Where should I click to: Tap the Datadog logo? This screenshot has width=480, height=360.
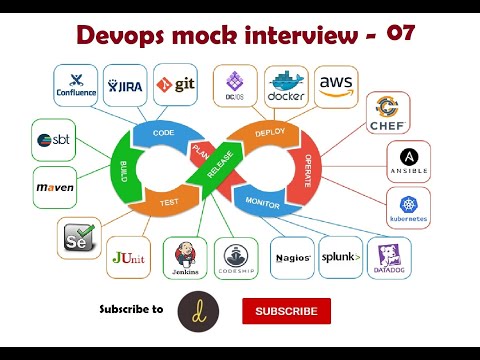click(x=389, y=257)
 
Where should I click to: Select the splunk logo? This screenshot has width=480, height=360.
click(x=341, y=257)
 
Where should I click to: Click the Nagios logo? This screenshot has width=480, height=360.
click(x=293, y=257)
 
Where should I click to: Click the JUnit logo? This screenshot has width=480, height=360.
click(x=129, y=257)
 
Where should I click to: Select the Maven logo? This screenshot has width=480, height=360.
click(x=55, y=187)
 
